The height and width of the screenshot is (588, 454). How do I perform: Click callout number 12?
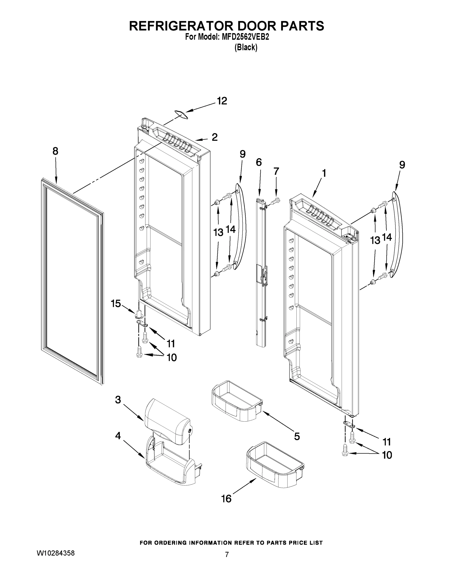click(x=222, y=101)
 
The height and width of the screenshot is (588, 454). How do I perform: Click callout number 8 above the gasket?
click(x=55, y=151)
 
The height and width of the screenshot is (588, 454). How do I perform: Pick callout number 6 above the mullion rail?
click(x=258, y=162)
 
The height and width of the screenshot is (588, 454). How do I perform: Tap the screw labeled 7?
click(x=276, y=200)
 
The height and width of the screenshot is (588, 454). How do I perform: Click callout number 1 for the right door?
click(x=324, y=173)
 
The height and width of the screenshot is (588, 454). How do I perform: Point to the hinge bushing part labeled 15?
click(x=138, y=314)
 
